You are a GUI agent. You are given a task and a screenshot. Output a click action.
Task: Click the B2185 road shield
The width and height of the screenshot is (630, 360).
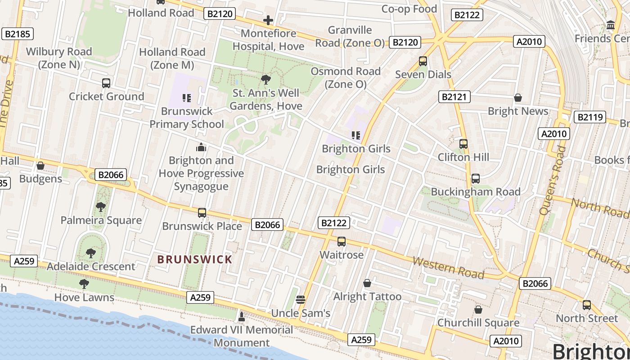(18, 33)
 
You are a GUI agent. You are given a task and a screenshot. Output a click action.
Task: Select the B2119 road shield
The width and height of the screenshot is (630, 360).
(589, 117)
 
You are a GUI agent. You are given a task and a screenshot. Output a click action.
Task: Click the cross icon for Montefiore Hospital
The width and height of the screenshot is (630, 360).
(268, 20)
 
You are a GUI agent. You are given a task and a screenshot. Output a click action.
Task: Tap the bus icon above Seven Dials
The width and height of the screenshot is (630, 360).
(423, 61)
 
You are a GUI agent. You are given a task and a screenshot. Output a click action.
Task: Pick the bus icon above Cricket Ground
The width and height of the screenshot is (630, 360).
(106, 83)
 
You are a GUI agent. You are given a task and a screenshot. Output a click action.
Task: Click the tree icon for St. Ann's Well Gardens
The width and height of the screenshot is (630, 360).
(266, 80)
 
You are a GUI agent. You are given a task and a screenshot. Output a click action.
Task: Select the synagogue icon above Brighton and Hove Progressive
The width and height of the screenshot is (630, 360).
(201, 147)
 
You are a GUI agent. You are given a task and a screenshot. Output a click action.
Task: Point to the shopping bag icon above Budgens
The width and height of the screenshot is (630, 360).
(40, 166)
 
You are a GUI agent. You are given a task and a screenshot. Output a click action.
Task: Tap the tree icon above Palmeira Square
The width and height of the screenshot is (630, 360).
(101, 207)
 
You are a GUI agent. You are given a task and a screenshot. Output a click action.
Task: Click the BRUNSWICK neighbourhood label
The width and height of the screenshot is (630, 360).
(194, 259)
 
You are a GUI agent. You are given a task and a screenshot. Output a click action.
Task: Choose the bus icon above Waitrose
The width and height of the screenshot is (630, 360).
(342, 242)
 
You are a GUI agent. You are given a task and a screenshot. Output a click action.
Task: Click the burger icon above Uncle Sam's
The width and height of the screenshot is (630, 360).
(301, 300)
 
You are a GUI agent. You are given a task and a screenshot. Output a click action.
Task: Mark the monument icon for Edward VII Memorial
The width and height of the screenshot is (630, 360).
(242, 317)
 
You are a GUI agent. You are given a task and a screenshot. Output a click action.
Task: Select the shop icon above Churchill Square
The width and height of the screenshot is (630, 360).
(478, 310)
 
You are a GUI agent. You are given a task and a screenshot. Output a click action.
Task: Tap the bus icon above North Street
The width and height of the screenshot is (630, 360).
(587, 305)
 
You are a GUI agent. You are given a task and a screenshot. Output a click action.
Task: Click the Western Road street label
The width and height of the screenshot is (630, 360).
(448, 268)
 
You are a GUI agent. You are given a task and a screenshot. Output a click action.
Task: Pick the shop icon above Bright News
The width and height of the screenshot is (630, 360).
(518, 98)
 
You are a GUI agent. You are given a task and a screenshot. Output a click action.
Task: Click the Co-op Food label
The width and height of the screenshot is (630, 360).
(409, 9)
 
